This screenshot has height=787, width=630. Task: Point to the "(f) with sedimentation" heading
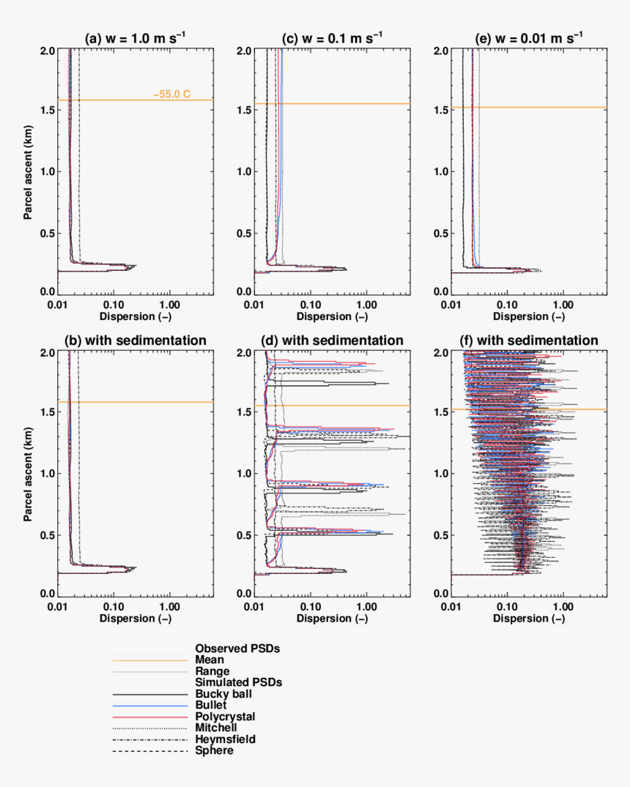[x=529, y=340]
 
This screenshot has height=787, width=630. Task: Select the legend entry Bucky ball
[x=223, y=693]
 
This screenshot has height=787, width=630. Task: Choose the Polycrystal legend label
[x=225, y=716]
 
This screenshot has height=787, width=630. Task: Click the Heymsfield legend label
[x=225, y=739]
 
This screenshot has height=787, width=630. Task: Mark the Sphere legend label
[x=214, y=750]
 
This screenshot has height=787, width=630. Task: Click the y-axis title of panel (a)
[x=29, y=171]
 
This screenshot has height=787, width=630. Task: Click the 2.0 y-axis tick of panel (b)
[x=45, y=352]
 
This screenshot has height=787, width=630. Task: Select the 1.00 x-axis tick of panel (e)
[x=563, y=302]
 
